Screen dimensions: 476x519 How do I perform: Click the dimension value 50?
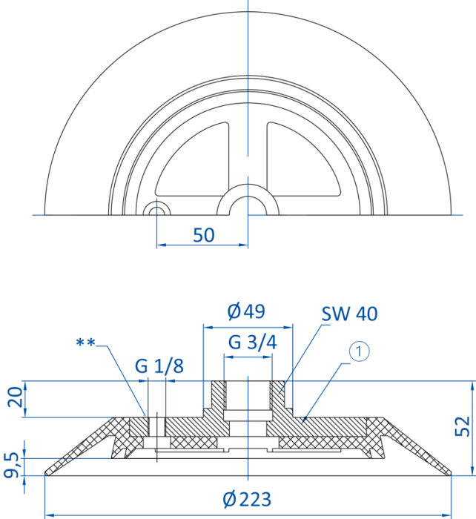204,235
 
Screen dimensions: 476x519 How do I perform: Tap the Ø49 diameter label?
246,311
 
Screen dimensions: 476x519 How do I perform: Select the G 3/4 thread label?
252,343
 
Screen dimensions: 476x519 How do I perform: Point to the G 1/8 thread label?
159,366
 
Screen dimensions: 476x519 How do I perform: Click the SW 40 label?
349,314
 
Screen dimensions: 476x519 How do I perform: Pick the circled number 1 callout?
360,351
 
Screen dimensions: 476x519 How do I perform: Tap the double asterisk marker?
85,343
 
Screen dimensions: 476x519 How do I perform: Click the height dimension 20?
16,397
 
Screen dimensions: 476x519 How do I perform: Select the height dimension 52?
462,426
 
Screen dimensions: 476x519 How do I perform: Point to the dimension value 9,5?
11,466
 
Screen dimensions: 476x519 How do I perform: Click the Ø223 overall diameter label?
247,499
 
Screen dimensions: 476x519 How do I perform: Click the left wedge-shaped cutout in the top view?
192,159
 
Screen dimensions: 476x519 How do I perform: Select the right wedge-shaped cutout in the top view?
304,159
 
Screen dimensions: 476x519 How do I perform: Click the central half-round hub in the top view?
248,199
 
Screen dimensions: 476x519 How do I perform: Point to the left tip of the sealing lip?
46,473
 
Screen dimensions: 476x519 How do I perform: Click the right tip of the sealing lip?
450,473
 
